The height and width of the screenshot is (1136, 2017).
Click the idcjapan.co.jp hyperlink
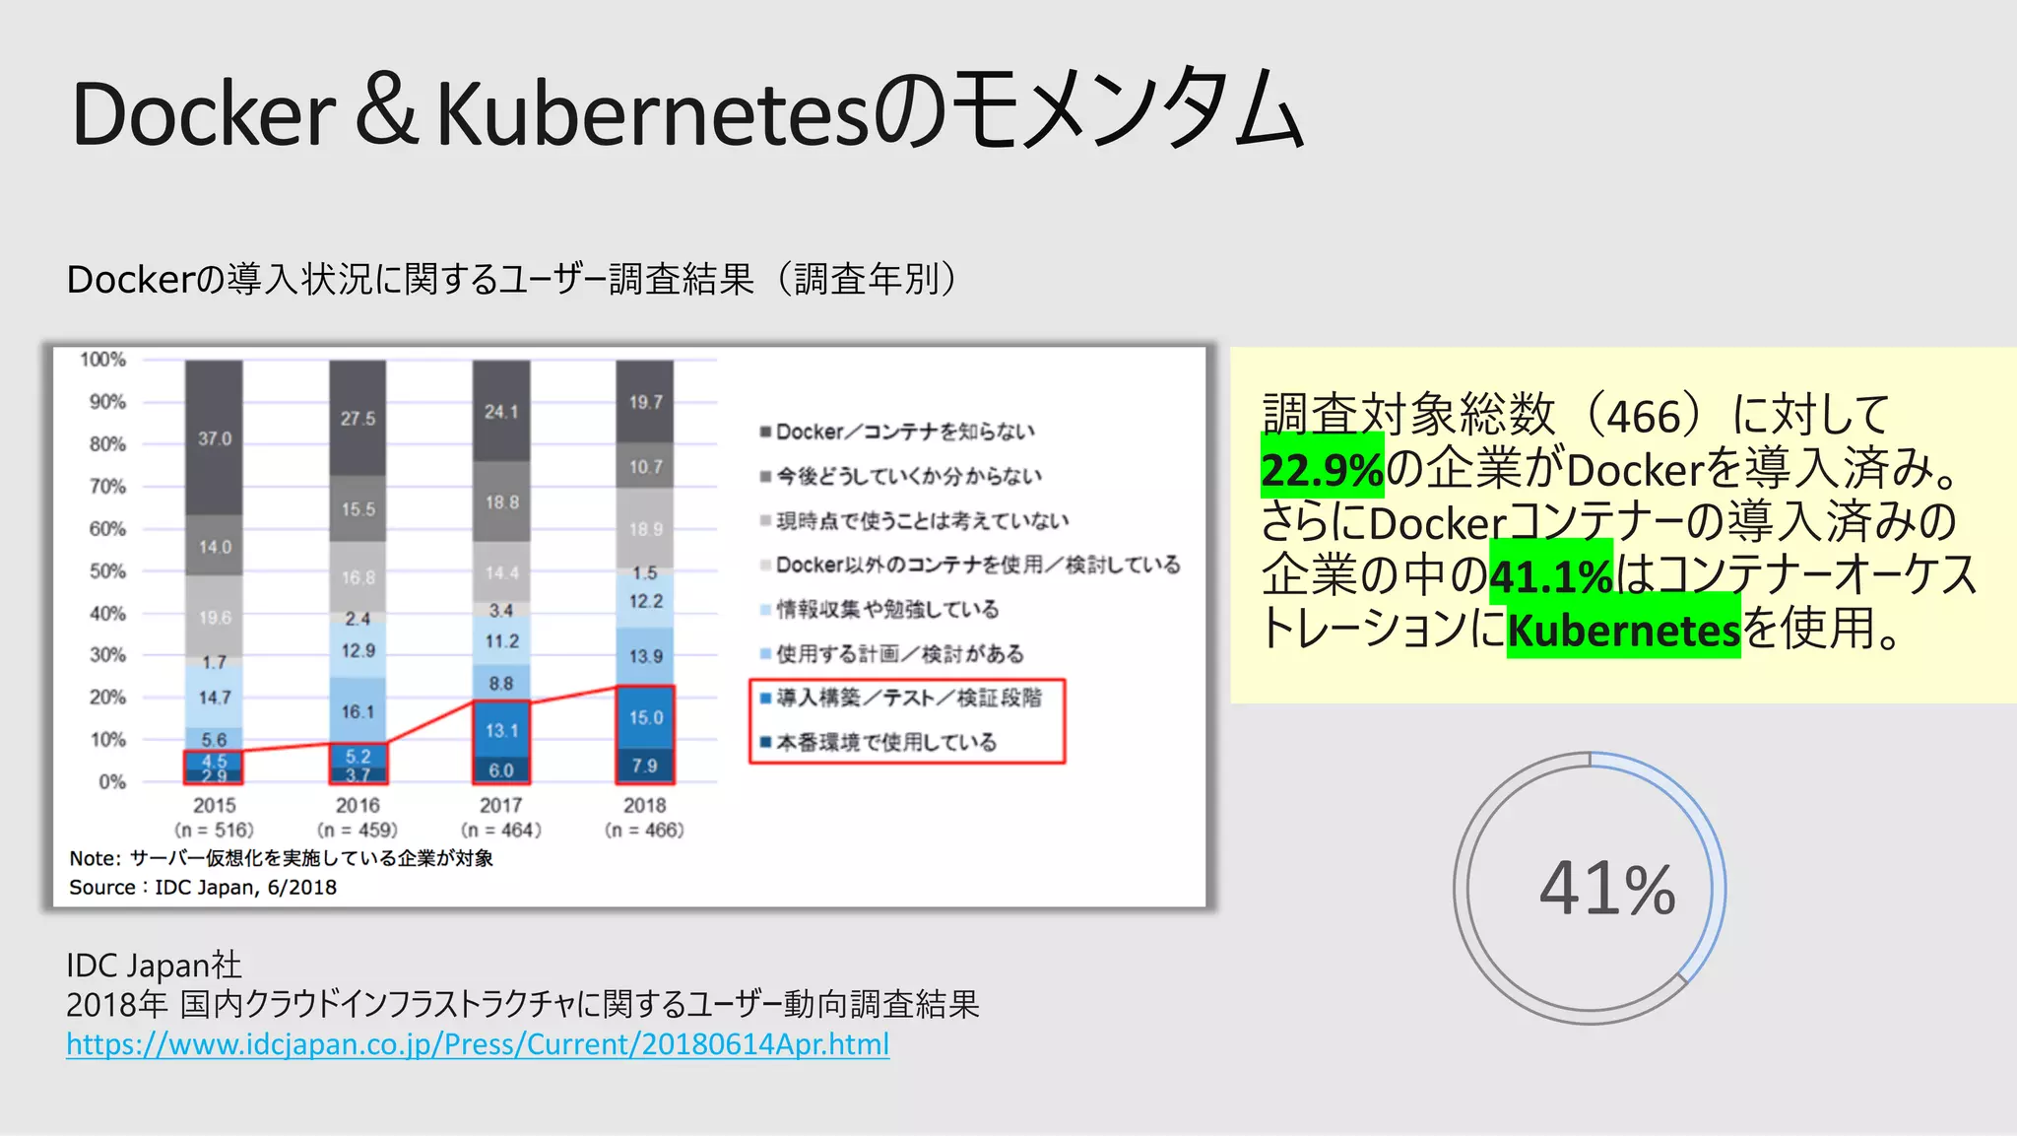478,1044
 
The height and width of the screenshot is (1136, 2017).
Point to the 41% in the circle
1606,889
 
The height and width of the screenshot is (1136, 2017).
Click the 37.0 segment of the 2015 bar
215,438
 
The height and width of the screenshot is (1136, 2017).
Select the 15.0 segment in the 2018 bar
645,717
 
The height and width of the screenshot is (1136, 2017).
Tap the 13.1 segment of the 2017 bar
501,730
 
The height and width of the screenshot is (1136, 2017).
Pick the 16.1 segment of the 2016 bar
358,711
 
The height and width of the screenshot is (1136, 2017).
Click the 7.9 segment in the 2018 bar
645,766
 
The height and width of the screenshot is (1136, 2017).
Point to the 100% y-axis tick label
103,360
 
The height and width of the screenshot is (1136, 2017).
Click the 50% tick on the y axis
107,571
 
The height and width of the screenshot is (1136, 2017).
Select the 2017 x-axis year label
501,805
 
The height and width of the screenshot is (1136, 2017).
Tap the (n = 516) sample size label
215,830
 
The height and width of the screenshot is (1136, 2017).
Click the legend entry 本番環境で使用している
886,742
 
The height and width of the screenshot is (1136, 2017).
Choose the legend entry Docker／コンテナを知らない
905,432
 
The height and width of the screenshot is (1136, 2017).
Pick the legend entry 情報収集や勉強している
887,609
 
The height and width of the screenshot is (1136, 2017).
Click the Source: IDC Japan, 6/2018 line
203,887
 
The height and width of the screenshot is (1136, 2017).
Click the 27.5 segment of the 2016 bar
358,419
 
